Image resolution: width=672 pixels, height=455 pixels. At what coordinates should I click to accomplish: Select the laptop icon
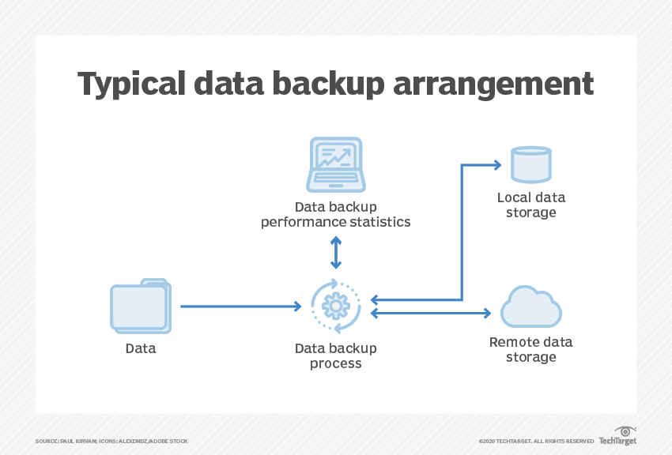336,164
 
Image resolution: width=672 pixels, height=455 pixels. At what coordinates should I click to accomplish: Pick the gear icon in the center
336,306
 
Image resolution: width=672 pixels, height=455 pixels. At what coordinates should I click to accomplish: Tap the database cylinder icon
530,164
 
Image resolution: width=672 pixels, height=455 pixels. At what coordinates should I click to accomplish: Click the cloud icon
530,306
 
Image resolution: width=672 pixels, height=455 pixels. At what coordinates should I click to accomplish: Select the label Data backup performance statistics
336,214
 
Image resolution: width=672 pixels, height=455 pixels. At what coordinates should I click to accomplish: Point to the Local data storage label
531,205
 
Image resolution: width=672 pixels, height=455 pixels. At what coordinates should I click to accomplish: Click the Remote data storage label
531,349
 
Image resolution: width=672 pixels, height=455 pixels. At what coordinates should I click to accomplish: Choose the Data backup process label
336,355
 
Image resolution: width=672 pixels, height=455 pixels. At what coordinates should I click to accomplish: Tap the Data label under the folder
141,348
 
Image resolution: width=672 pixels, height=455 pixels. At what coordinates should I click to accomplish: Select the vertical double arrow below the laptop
336,252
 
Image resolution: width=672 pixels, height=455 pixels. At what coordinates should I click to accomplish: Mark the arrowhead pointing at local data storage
496,165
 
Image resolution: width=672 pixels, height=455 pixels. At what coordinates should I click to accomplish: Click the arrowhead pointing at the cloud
486,314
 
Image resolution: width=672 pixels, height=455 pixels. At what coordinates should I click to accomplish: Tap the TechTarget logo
617,436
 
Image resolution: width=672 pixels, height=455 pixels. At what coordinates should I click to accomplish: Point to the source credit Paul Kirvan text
111,441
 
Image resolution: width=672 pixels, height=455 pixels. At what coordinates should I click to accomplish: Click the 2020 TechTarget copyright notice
536,441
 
